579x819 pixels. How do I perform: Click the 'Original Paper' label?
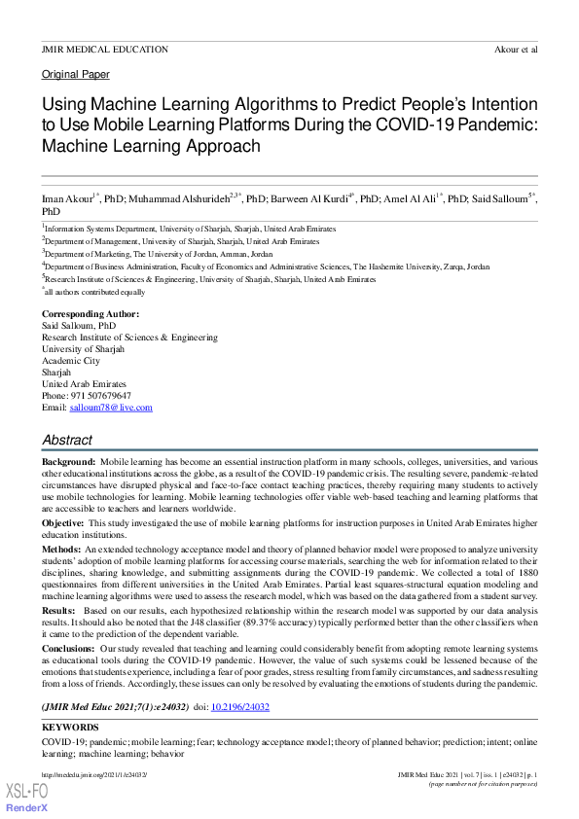click(75, 74)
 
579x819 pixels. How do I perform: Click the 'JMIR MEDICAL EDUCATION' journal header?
click(104, 49)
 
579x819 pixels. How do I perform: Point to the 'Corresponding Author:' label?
click(90, 314)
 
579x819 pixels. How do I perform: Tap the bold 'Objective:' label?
click(63, 522)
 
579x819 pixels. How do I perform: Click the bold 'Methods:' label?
click(61, 550)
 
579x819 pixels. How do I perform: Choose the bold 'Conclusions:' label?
click(68, 647)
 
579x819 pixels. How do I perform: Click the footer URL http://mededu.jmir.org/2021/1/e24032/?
click(93, 773)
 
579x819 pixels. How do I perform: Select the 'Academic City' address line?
click(77, 361)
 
